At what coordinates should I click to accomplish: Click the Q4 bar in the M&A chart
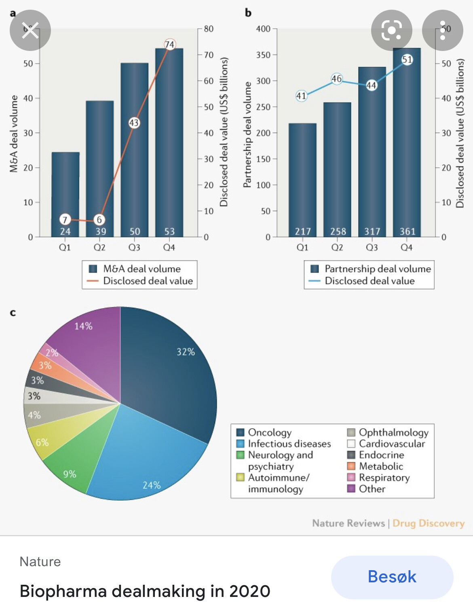(169, 142)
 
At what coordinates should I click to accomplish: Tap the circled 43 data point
(134, 123)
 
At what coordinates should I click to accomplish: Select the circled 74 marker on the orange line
(170, 44)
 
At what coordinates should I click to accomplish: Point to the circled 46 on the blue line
(336, 78)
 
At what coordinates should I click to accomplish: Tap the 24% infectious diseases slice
(146, 457)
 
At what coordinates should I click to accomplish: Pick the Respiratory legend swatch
(351, 478)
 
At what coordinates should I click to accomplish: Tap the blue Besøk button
(392, 577)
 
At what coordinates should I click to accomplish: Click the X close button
(30, 30)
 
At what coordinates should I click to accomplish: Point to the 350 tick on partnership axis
(263, 55)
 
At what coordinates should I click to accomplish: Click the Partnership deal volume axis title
(247, 135)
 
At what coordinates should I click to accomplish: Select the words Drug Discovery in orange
(428, 523)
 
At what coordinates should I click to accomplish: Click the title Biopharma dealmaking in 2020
(145, 591)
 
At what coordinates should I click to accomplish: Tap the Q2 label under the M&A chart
(99, 247)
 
